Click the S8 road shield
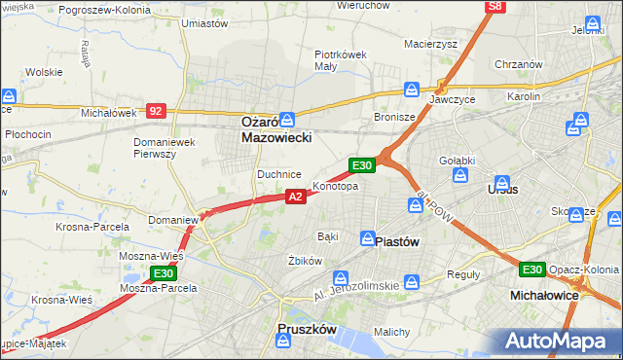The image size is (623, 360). (496, 7)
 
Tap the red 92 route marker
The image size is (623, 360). (156, 111)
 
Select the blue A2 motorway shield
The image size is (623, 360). (297, 197)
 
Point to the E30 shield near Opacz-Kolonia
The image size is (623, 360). (531, 270)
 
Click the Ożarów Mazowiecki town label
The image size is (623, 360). (276, 131)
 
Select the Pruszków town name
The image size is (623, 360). (308, 330)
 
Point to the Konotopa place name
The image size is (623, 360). (336, 186)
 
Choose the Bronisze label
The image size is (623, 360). (395, 117)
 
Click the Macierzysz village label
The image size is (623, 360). (430, 44)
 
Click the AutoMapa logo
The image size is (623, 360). (561, 341)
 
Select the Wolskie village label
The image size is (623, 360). (44, 72)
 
